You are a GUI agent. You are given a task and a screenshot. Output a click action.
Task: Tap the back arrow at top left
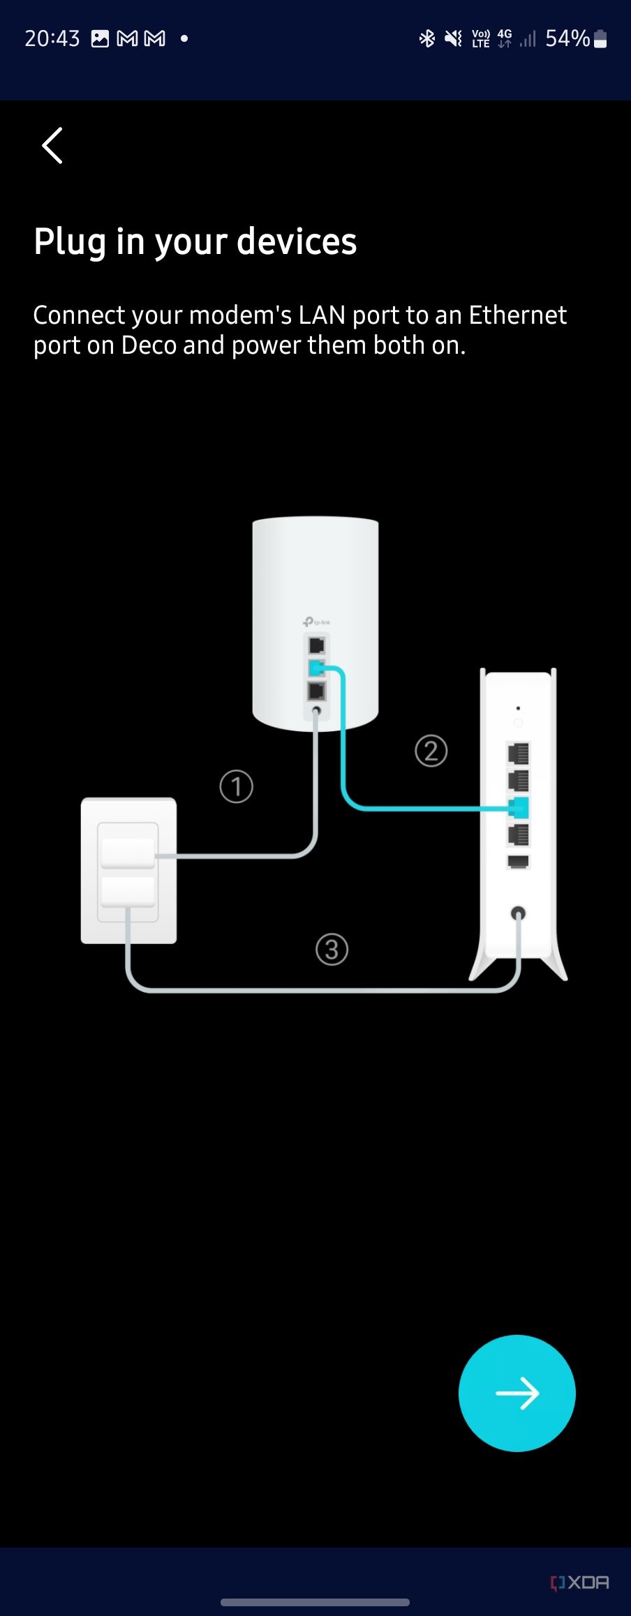pyautogui.click(x=52, y=146)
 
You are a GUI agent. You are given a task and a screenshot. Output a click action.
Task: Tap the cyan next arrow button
pyautogui.click(x=517, y=1393)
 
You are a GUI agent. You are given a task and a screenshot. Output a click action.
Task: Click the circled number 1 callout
pyautogui.click(x=236, y=786)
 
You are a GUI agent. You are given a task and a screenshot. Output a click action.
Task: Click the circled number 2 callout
pyautogui.click(x=431, y=751)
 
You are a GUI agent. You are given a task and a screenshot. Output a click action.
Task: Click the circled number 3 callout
pyautogui.click(x=332, y=949)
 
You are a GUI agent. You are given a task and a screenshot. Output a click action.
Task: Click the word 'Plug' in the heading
pyautogui.click(x=70, y=242)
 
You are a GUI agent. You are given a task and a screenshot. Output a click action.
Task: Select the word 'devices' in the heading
pyautogui.click(x=297, y=242)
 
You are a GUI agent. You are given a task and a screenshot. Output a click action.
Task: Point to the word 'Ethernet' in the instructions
pyautogui.click(x=517, y=315)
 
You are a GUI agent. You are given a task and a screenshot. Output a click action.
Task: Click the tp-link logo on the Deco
pyautogui.click(x=317, y=622)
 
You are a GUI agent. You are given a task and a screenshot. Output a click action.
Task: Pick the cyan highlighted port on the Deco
pyautogui.click(x=316, y=668)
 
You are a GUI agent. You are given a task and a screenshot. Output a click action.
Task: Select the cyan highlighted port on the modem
pyautogui.click(x=519, y=808)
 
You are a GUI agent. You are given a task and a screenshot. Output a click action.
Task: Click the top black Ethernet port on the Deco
pyautogui.click(x=316, y=645)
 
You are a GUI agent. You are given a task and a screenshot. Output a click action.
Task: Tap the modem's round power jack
pyautogui.click(x=518, y=913)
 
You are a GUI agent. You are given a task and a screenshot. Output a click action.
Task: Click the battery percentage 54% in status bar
pyautogui.click(x=567, y=38)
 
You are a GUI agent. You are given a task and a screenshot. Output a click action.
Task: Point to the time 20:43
pyautogui.click(x=52, y=38)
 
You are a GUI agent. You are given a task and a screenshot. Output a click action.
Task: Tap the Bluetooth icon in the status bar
pyautogui.click(x=426, y=38)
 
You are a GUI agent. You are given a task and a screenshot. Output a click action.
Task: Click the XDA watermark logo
pyautogui.click(x=580, y=1582)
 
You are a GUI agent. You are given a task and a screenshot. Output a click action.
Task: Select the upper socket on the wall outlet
pyautogui.click(x=128, y=852)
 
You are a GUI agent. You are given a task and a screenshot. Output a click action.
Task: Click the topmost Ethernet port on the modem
pyautogui.click(x=519, y=754)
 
